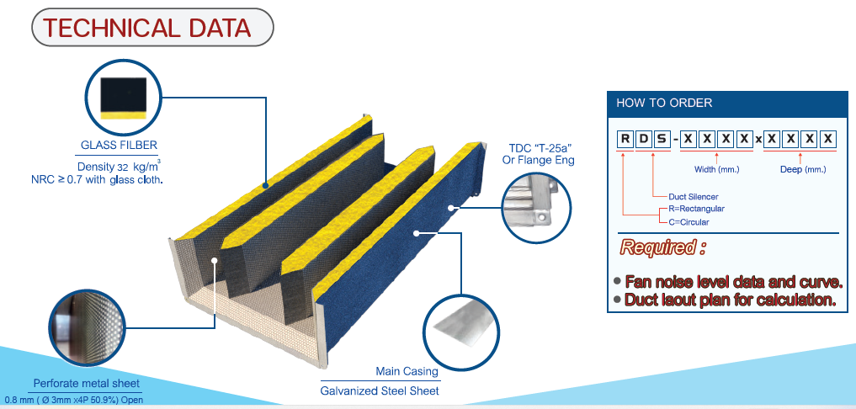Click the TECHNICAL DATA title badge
pos(152,28)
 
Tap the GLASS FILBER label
pos(119,145)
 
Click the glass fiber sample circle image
pos(124,97)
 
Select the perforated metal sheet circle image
pos(84,327)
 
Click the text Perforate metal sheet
pos(86,384)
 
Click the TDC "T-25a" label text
pos(538,147)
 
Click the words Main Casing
pos(407,371)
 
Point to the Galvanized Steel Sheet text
pos(380,391)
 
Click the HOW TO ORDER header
pos(664,103)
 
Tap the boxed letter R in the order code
pos(625,139)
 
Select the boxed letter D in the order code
pos(643,139)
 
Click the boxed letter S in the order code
pos(662,139)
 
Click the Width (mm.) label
pos(716,169)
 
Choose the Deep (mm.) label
pos(802,169)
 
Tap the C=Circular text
pos(689,221)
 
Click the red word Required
pos(657,248)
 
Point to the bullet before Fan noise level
pos(617,282)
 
